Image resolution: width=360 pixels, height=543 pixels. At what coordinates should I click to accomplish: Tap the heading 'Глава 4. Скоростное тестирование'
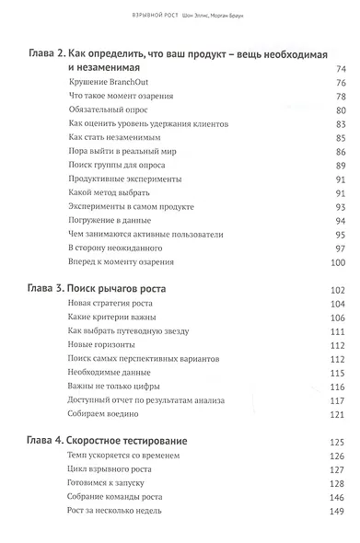tap(108, 440)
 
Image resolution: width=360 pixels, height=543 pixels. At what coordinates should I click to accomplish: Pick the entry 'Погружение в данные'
tap(106, 220)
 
